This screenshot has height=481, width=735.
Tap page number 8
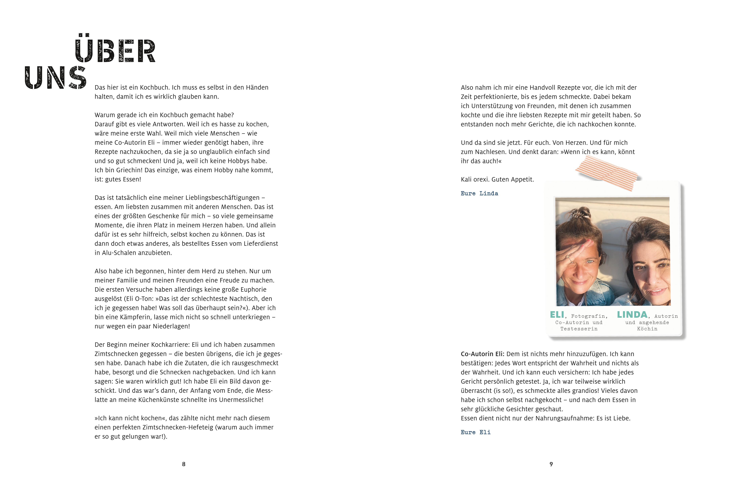(184, 464)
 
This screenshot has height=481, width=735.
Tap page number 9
(551, 464)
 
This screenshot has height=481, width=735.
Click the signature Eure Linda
(479, 193)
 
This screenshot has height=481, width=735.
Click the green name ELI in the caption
(557, 315)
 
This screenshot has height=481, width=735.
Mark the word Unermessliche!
(241, 400)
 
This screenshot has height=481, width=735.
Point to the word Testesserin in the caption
(579, 329)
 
